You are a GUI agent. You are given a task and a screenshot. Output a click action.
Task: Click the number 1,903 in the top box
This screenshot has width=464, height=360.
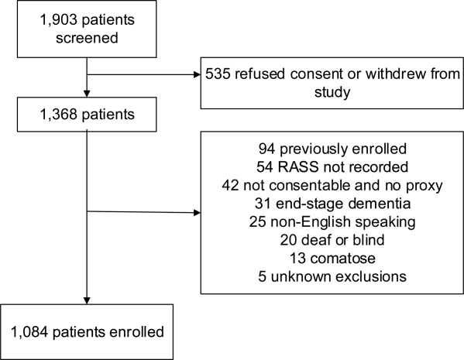58,20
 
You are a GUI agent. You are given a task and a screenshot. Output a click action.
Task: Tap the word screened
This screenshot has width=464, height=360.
87,38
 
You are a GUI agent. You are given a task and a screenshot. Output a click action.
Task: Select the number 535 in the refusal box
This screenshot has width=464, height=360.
218,74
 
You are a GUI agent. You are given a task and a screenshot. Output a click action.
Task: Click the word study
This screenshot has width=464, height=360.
332,92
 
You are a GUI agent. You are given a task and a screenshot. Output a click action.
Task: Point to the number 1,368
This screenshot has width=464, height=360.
58,115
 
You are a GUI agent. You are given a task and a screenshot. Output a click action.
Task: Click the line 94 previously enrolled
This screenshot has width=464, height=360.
332,149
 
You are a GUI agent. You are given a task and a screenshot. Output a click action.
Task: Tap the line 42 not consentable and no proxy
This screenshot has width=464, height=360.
332,186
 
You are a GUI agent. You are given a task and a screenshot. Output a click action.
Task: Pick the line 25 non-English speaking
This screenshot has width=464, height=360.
332,222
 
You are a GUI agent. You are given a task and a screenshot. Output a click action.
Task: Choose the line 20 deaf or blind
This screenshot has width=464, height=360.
332,240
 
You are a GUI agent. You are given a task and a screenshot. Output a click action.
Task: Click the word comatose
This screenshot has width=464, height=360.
343,259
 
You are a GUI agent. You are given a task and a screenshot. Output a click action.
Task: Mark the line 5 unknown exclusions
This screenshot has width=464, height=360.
332,277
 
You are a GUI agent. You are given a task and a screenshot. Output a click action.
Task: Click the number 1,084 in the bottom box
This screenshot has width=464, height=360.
29,332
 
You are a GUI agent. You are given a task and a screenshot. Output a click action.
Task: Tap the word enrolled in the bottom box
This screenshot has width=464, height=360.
136,332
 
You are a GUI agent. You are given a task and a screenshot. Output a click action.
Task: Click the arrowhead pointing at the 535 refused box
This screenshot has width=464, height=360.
197,74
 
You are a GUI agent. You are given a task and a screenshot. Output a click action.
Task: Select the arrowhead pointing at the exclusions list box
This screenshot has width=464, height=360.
197,212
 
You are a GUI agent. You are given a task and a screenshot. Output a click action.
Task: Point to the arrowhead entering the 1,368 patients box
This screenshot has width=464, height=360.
87,94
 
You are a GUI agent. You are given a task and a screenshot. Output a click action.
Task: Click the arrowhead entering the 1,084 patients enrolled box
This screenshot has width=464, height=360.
87,300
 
